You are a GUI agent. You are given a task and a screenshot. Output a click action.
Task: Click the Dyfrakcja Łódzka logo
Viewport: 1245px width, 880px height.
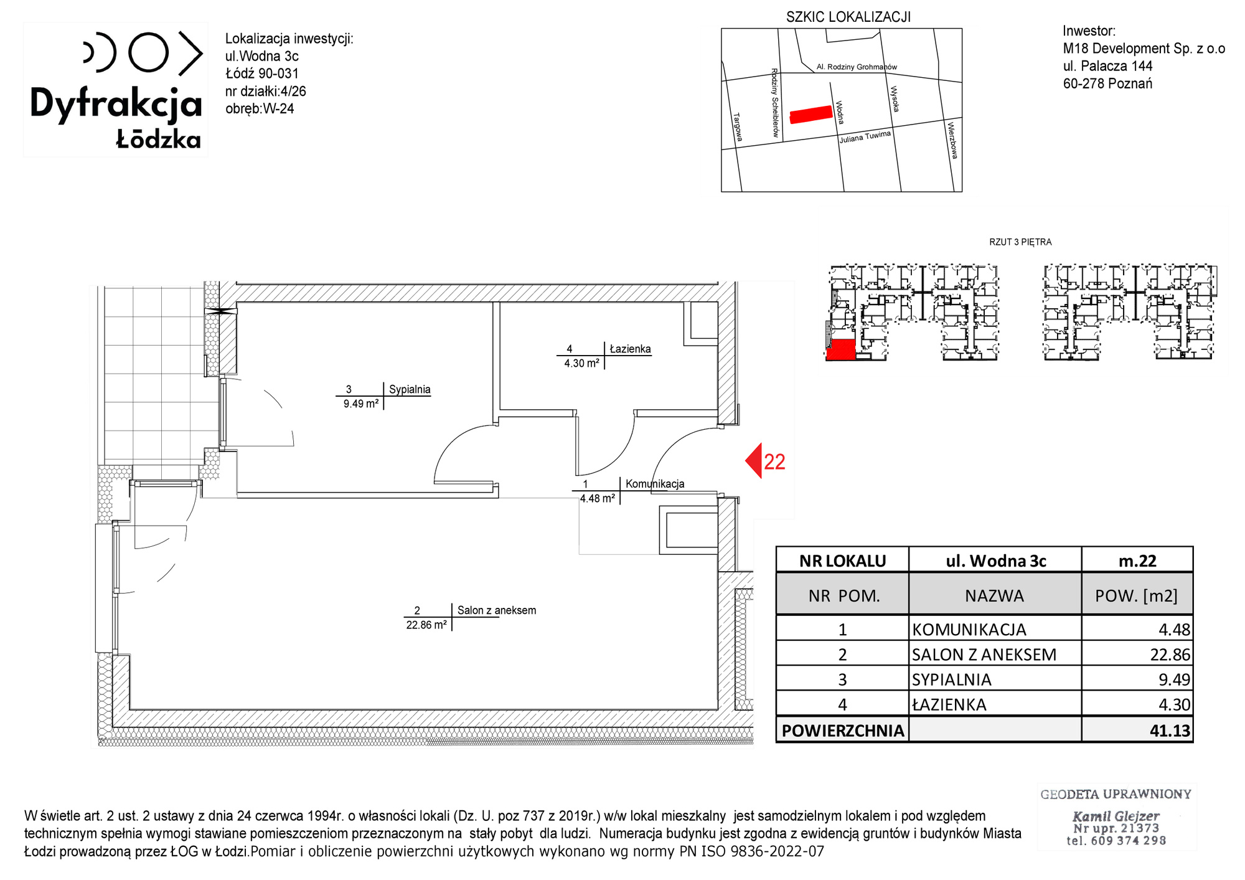tap(116, 90)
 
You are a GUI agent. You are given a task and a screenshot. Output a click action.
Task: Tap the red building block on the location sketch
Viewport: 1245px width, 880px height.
tap(811, 114)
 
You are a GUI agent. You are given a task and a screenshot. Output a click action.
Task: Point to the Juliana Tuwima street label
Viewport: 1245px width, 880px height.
tap(865, 137)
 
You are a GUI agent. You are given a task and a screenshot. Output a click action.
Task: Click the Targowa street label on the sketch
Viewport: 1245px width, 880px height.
tap(738, 127)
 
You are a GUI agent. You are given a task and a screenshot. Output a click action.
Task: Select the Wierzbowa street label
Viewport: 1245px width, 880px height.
tap(952, 140)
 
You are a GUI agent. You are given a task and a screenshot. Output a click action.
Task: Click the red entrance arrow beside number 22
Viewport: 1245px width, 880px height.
tap(754, 461)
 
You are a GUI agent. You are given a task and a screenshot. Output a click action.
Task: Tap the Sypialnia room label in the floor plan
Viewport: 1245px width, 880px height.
tap(410, 389)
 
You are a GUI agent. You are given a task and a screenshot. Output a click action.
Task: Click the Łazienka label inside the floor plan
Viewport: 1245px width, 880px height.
tap(630, 349)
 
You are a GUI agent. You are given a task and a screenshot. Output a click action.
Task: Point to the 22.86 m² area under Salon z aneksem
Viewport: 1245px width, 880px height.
tap(426, 625)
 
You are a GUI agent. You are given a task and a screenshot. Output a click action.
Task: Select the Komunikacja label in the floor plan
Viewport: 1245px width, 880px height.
tap(655, 484)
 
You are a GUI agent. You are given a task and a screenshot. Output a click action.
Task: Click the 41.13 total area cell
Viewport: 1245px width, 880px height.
tap(1170, 731)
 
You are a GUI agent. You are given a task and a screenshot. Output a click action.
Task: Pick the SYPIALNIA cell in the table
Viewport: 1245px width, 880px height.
tap(952, 679)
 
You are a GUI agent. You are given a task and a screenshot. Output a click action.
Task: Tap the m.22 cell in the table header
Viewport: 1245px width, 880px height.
tap(1137, 561)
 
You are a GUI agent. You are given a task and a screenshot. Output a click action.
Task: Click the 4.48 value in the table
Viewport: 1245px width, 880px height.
tap(1174, 630)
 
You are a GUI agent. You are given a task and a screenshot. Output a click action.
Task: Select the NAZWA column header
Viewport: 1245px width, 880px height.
tap(994, 596)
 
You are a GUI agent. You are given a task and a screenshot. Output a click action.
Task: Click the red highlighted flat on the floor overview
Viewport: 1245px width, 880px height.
tap(840, 349)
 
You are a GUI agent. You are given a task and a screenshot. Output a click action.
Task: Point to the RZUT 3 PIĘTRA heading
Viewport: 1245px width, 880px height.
tap(1020, 242)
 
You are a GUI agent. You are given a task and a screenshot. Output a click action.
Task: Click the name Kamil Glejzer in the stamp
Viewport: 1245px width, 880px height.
tap(1116, 816)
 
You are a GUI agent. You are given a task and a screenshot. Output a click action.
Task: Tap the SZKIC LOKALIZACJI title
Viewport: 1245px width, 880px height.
tap(848, 17)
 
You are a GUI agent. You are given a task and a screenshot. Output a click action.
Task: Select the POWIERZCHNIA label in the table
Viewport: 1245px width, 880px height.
tap(843, 731)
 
